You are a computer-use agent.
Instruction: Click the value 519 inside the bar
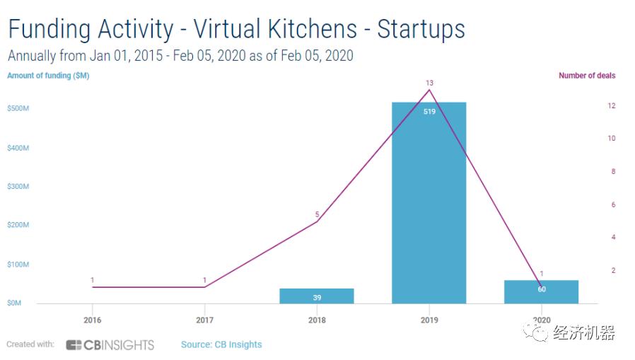[429, 112]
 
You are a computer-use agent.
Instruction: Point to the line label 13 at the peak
[429, 83]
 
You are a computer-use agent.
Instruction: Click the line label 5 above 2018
[317, 214]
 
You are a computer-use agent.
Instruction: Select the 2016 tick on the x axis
[92, 320]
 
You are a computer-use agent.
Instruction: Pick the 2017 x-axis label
[204, 320]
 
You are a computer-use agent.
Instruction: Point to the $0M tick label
[14, 303]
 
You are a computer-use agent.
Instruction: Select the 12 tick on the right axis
[611, 106]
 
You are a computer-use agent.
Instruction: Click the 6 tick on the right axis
[612, 205]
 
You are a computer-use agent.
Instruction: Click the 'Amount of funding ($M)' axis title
[48, 76]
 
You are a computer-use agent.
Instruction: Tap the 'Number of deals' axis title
[587, 76]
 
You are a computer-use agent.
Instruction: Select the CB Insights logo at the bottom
[110, 345]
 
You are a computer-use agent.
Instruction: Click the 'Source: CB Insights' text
[221, 345]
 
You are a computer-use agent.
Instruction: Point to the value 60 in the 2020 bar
[541, 289]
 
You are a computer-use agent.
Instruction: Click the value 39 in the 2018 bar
[317, 298]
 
